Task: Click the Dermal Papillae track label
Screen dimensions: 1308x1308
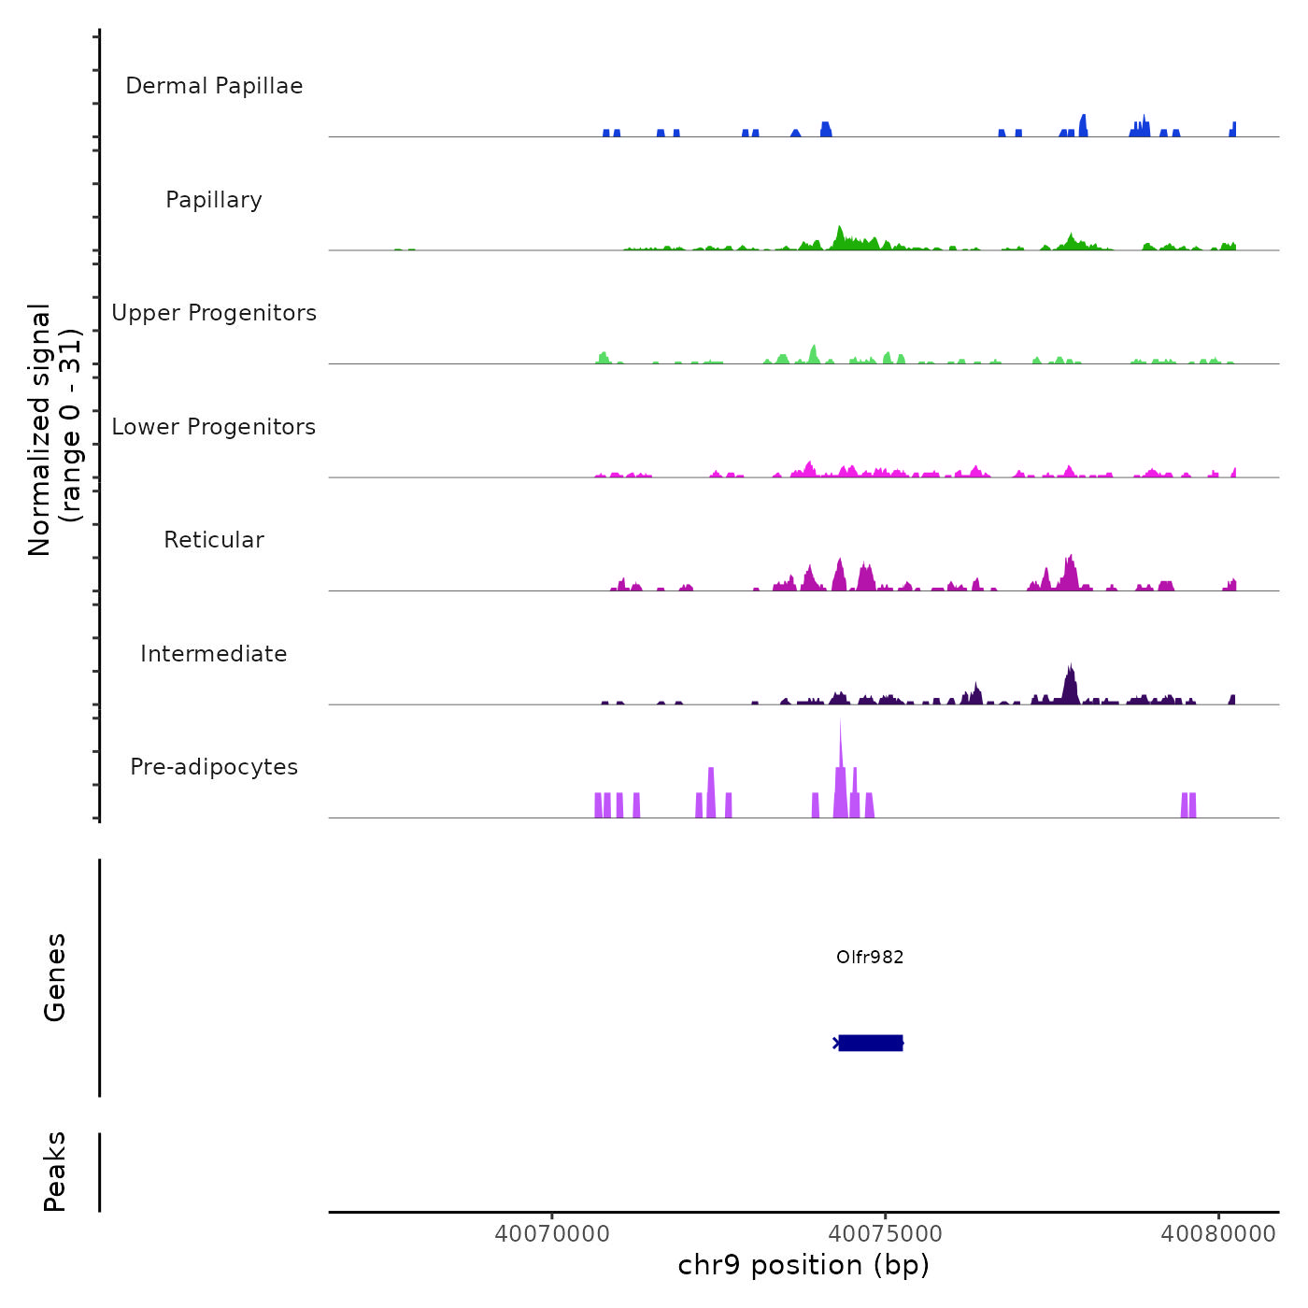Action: (x=214, y=86)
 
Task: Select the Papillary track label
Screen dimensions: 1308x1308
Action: (x=214, y=200)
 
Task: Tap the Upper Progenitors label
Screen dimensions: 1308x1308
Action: (x=214, y=313)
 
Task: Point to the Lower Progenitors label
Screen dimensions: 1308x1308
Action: (x=214, y=427)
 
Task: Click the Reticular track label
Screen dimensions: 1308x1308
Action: (x=214, y=540)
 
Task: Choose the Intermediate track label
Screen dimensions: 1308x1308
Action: (x=214, y=654)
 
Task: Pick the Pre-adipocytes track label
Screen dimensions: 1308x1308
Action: (x=214, y=767)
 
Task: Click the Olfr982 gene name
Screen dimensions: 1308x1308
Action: (x=870, y=957)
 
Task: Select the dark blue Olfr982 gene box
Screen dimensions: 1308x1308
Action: (x=870, y=1043)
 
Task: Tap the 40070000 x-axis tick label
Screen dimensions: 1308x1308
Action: (x=552, y=1234)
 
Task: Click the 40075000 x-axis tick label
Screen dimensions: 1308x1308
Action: (x=886, y=1234)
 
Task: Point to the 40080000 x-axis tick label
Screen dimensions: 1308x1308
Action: (x=1218, y=1234)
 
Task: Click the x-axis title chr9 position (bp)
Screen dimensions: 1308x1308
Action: (x=803, y=1266)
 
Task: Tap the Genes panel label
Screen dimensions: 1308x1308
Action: (x=55, y=977)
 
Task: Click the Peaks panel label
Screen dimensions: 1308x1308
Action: (x=55, y=1172)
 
